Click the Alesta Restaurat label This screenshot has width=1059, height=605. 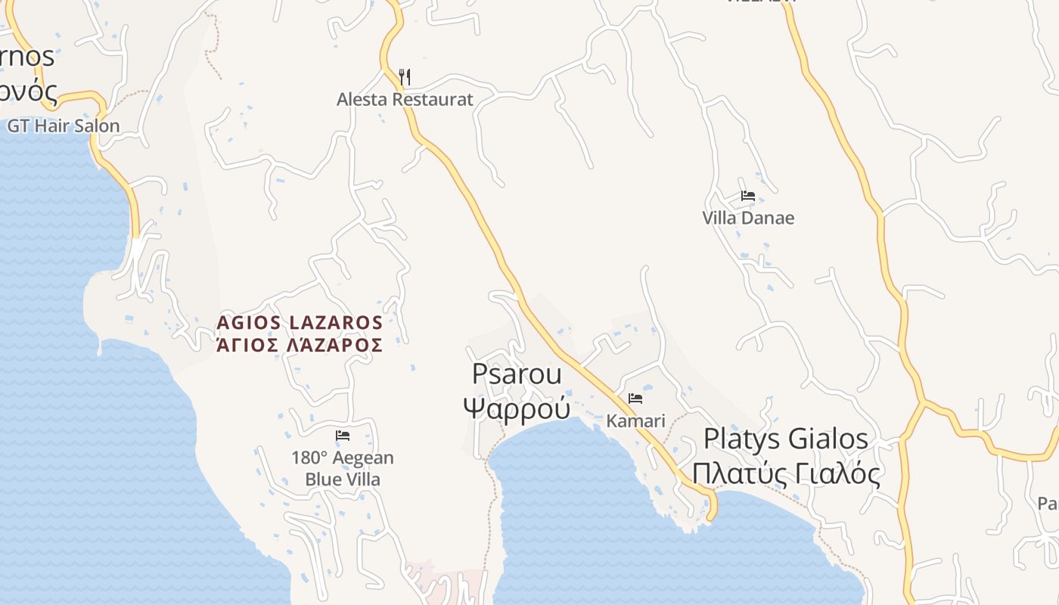[405, 99]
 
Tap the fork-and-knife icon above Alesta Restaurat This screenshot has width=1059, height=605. [405, 76]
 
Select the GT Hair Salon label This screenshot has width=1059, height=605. [64, 126]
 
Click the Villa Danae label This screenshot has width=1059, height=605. [748, 218]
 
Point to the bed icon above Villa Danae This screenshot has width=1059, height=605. [748, 196]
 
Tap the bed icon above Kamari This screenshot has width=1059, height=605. [635, 399]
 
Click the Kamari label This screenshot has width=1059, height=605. [635, 420]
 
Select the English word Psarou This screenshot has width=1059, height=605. [517, 374]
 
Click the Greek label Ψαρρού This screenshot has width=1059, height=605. [517, 408]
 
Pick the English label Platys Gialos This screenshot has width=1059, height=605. [786, 439]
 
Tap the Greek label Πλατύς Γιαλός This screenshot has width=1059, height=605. [786, 474]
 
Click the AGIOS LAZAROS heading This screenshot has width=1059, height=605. [300, 323]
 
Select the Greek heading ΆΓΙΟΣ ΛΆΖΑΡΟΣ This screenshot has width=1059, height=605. [300, 346]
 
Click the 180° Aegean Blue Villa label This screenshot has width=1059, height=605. [343, 469]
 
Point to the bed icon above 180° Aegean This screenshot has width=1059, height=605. [343, 436]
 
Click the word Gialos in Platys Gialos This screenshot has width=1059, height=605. [828, 439]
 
